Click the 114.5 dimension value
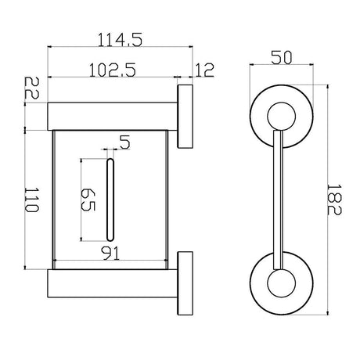click(120, 40)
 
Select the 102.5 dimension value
click(113, 70)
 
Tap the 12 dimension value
click(204, 70)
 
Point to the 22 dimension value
click(31, 88)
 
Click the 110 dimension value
click(31, 200)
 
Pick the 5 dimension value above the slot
click(124, 142)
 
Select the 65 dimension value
click(88, 200)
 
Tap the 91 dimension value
click(110, 253)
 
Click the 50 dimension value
click(282, 57)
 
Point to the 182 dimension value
click(334, 200)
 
